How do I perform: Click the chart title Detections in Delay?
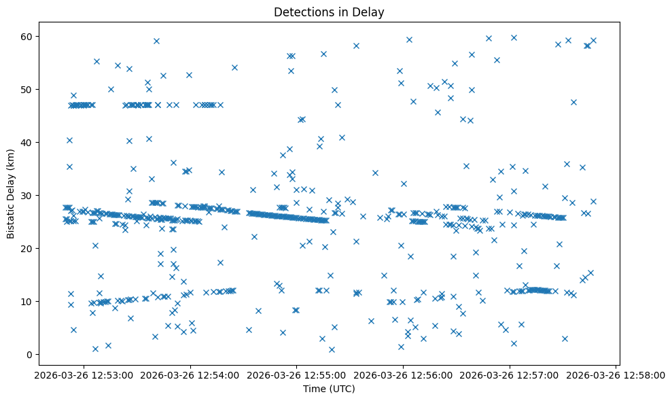pos(329,12)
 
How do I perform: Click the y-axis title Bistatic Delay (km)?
pos(11,192)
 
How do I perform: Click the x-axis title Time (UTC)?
pos(329,389)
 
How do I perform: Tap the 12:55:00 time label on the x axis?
pos(296,374)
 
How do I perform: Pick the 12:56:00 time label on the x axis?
pos(403,374)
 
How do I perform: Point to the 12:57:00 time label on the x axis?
pos(510,374)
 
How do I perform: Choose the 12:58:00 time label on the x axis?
pos(616,374)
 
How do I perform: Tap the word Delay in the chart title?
pos(371,12)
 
